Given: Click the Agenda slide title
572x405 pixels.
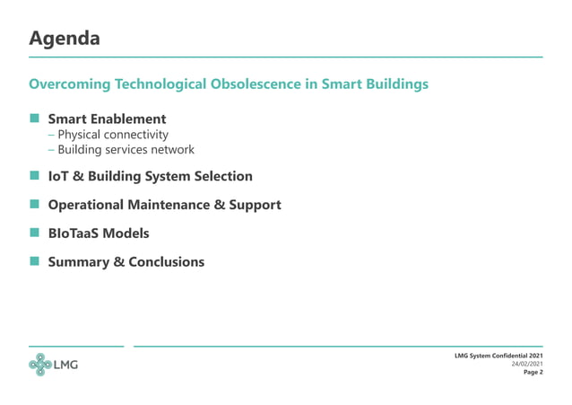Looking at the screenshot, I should pyautogui.click(x=64, y=39).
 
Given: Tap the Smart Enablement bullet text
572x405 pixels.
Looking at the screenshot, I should pyautogui.click(x=107, y=119).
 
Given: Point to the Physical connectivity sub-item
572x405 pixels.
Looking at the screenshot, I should pyautogui.click(x=113, y=135).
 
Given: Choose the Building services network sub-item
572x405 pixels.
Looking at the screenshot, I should pyautogui.click(x=126, y=150).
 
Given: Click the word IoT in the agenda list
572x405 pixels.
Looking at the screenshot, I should pyautogui.click(x=60, y=176).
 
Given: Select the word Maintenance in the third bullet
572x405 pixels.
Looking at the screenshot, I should pyautogui.click(x=189, y=205).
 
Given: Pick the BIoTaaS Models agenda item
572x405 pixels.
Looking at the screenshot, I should pyautogui.click(x=99, y=233).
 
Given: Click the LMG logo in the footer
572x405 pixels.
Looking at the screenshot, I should pyautogui.click(x=53, y=365).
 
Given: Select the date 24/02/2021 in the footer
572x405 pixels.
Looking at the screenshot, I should pyautogui.click(x=526, y=364).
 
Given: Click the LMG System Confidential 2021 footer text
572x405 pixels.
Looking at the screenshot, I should pyautogui.click(x=498, y=356).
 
